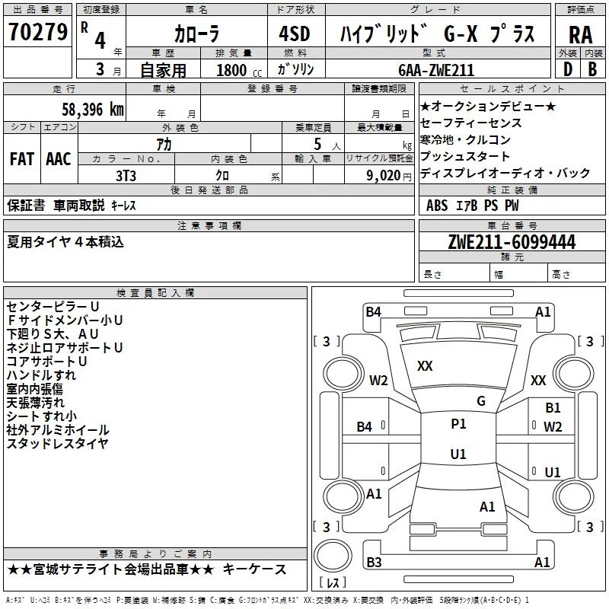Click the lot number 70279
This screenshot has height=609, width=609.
tap(38, 31)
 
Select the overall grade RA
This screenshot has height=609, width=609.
tap(580, 35)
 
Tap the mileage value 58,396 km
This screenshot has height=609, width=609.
tap(93, 110)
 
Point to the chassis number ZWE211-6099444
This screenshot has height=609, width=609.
tap(512, 242)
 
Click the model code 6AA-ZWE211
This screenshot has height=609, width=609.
tap(436, 70)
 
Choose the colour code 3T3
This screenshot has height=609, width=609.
tap(126, 176)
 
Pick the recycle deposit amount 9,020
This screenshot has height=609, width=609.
tap(384, 176)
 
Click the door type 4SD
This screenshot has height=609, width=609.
tap(295, 33)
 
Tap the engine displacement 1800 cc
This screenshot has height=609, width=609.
tap(239, 71)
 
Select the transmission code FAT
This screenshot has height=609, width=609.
tap(22, 159)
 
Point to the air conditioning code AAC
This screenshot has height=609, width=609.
tap(59, 159)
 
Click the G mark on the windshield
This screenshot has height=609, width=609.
tap(481, 401)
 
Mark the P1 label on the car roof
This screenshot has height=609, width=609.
tap(458, 424)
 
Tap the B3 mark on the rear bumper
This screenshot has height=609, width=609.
tap(374, 562)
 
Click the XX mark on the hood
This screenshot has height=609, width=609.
tap(425, 366)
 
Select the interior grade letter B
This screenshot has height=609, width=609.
tap(592, 69)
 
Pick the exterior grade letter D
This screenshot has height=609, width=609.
tap(568, 69)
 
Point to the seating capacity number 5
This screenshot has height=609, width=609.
tap(317, 145)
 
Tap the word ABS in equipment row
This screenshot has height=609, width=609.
tap(437, 206)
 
